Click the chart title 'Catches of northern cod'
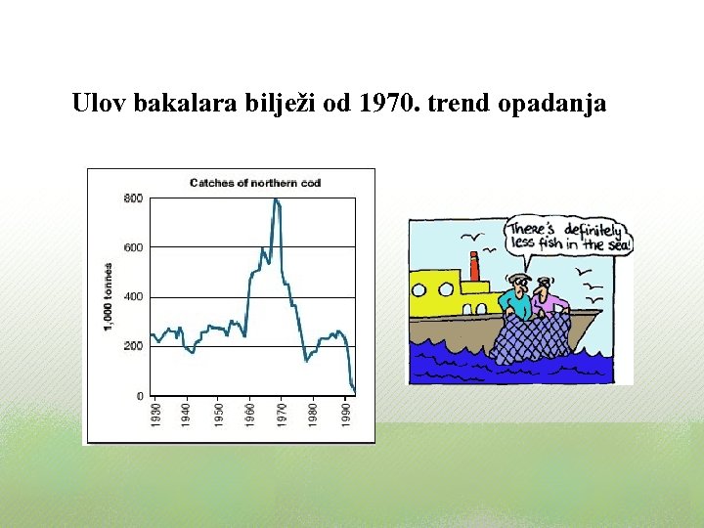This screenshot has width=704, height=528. (254, 183)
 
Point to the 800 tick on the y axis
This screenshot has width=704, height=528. (133, 198)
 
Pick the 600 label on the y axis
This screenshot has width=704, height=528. (133, 247)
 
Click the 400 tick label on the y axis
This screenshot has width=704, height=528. (133, 296)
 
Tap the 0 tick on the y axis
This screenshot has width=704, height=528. (139, 396)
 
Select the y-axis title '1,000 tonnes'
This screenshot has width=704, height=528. (108, 296)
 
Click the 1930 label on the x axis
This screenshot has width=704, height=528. (156, 413)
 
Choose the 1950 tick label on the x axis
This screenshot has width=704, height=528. (219, 413)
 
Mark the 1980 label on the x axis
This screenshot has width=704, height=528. (313, 413)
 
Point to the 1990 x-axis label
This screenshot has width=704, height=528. (345, 413)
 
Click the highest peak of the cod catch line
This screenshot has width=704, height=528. (276, 199)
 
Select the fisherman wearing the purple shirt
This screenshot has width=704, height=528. (550, 299)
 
